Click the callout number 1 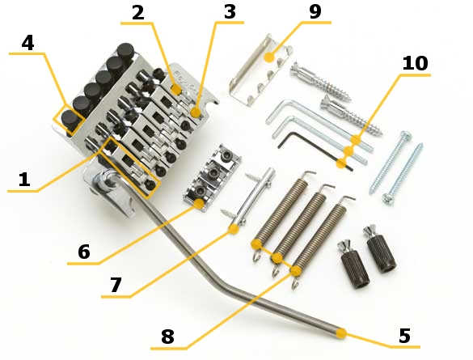[x=24, y=180]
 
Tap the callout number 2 [x=138, y=12]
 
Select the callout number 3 [x=230, y=12]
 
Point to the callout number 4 [x=27, y=43]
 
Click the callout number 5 [x=404, y=335]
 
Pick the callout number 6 [x=84, y=252]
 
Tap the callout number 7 [x=116, y=285]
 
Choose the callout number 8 [x=167, y=337]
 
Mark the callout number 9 [x=315, y=11]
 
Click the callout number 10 [x=415, y=63]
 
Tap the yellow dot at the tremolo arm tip [x=341, y=333]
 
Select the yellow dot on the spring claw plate [x=269, y=57]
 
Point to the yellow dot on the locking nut [x=199, y=204]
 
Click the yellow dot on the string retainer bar [x=234, y=229]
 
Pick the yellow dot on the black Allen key [x=341, y=163]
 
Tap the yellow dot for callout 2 [x=176, y=90]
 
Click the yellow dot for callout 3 [x=196, y=112]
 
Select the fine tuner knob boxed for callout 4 [x=70, y=120]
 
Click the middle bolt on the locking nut [x=214, y=172]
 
